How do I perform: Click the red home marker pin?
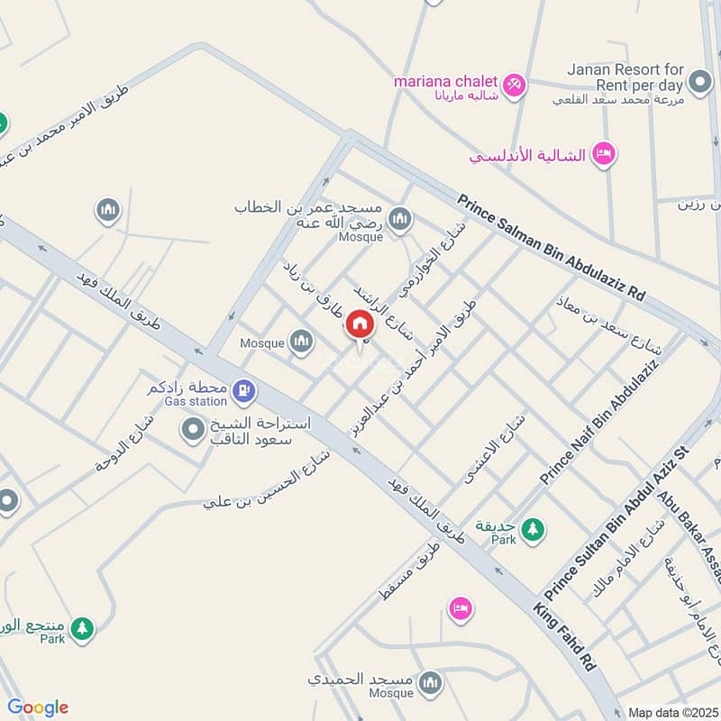coord(360,324)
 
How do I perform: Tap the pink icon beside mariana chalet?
coord(515,84)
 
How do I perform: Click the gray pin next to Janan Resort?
coord(698,84)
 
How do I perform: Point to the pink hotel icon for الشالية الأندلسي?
coord(603,155)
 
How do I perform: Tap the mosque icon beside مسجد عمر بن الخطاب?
coord(400,218)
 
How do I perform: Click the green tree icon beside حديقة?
coord(534,529)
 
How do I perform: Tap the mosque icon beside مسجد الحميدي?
coord(431,682)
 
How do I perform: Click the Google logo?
coord(38,707)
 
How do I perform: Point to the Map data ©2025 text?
coord(671,712)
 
